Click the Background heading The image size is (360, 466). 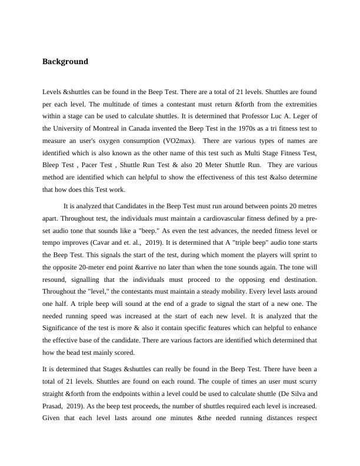point(65,62)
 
